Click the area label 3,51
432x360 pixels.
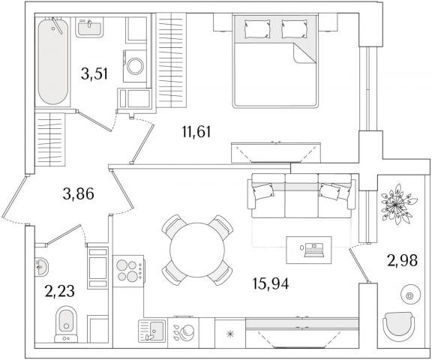point(94,73)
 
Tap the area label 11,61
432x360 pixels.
point(196,132)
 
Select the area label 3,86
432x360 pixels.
point(79,194)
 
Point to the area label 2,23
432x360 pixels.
point(59,292)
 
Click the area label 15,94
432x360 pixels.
point(271,283)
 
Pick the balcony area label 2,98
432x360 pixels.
point(403,260)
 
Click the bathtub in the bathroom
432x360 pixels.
point(53,61)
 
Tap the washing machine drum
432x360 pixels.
point(135,66)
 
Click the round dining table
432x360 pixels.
point(197,250)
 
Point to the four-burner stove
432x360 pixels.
point(129,271)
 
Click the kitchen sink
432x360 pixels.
point(152,331)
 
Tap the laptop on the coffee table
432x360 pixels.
point(313,250)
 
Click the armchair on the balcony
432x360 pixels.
point(399,328)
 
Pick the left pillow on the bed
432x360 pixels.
point(256,28)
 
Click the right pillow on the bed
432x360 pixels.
point(294,28)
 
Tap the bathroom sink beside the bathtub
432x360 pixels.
point(89,27)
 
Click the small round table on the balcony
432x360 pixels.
point(409,295)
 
